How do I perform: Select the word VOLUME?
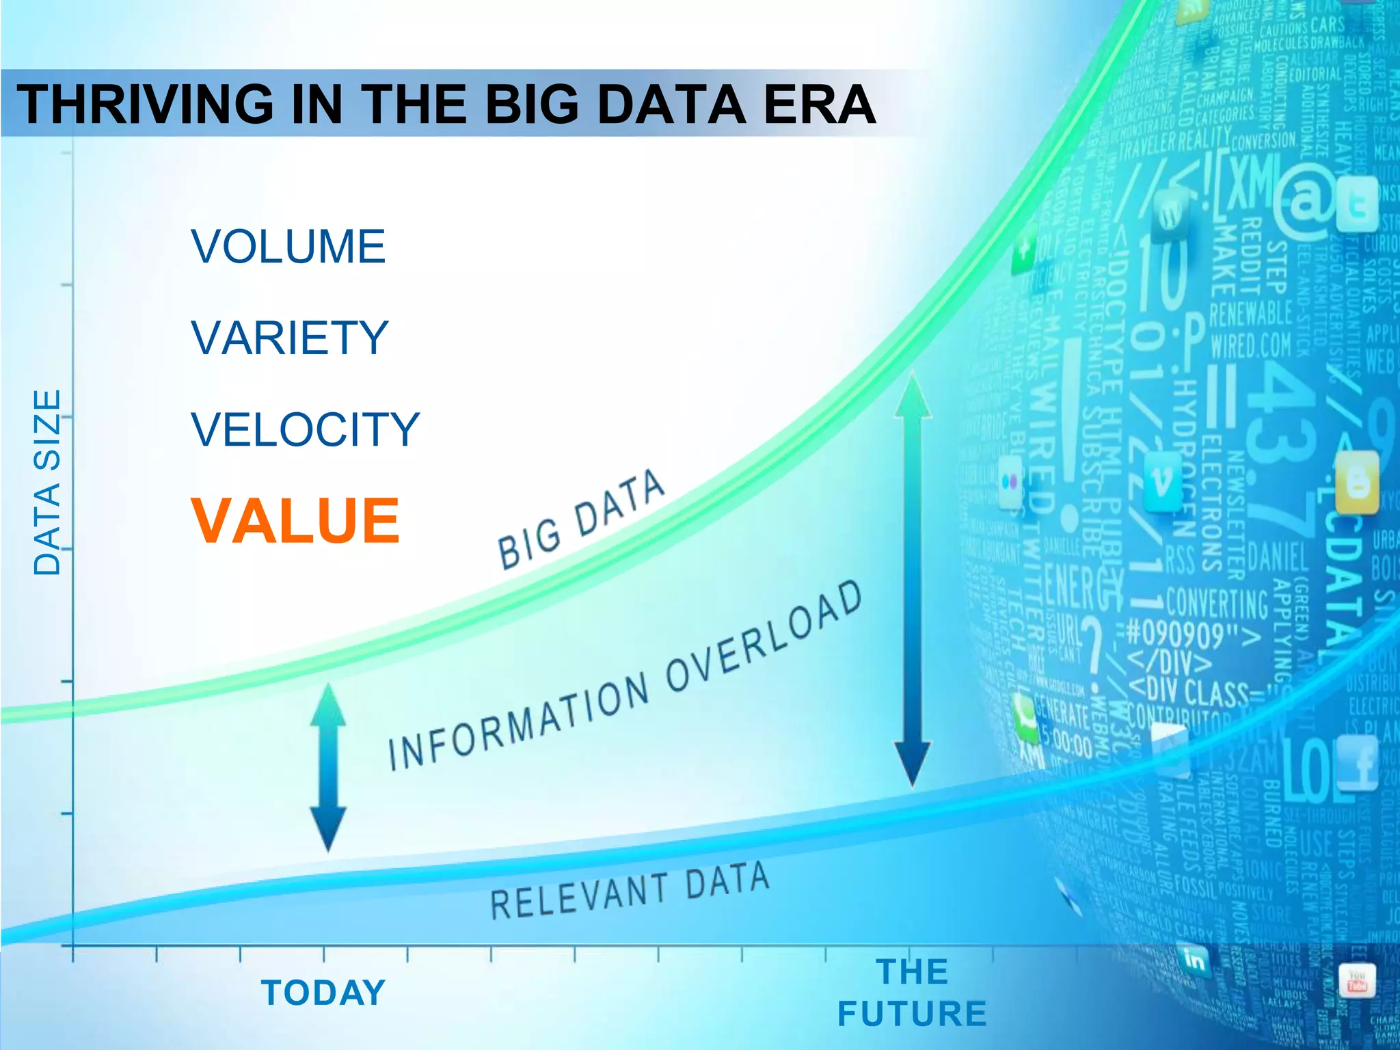[288, 247]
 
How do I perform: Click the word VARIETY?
[290, 338]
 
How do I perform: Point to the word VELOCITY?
[305, 429]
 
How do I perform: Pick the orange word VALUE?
[295, 521]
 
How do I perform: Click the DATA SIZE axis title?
[48, 482]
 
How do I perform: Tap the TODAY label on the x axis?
[324, 993]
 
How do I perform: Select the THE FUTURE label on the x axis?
[912, 993]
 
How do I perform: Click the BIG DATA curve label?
[581, 520]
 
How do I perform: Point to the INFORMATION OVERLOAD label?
[625, 677]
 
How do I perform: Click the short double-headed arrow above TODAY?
[328, 767]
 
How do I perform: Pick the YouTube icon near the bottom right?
[1356, 982]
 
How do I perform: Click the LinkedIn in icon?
[1194, 960]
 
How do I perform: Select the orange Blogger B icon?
[1358, 484]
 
